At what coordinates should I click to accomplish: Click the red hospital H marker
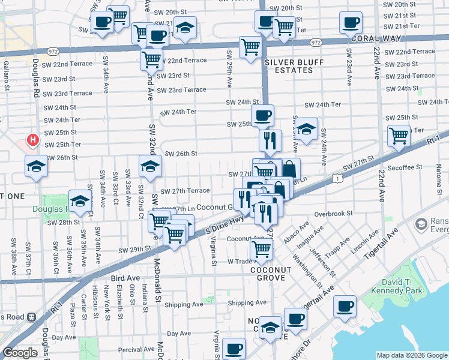point(33,141)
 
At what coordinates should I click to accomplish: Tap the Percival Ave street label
point(137,349)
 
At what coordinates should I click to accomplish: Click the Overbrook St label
point(331,213)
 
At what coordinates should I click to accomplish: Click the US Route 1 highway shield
point(340,178)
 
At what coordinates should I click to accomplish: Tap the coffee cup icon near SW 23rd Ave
point(351,22)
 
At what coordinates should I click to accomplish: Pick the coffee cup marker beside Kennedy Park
point(345,306)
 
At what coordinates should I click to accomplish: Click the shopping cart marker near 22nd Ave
point(398,136)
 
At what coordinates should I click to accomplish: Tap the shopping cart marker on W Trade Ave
point(261,247)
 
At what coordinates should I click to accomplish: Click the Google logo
point(20,353)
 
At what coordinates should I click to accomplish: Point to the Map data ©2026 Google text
point(412,355)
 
